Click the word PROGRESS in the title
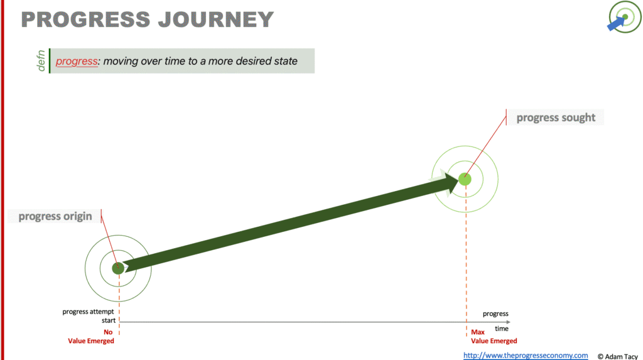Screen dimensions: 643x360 (x=86, y=19)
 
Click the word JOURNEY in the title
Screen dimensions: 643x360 (x=216, y=19)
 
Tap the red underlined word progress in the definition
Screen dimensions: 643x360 (x=77, y=62)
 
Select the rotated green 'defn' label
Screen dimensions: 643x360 (x=41, y=61)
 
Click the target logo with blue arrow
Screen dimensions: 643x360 (x=624, y=17)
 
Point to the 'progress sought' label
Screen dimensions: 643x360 (x=556, y=117)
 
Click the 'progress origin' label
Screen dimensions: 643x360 (x=55, y=216)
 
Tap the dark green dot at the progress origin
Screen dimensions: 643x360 (x=118, y=268)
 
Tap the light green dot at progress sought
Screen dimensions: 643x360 (x=465, y=179)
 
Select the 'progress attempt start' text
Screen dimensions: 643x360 (x=89, y=316)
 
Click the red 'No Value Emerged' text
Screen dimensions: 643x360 (x=91, y=337)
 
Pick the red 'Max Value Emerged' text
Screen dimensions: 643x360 (x=494, y=337)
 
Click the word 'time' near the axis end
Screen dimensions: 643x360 (x=502, y=329)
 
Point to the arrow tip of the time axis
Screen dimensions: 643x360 (x=510, y=322)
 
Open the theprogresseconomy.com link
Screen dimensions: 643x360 (x=526, y=356)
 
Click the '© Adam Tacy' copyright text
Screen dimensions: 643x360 (x=618, y=357)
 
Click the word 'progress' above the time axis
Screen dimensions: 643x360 (x=495, y=314)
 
